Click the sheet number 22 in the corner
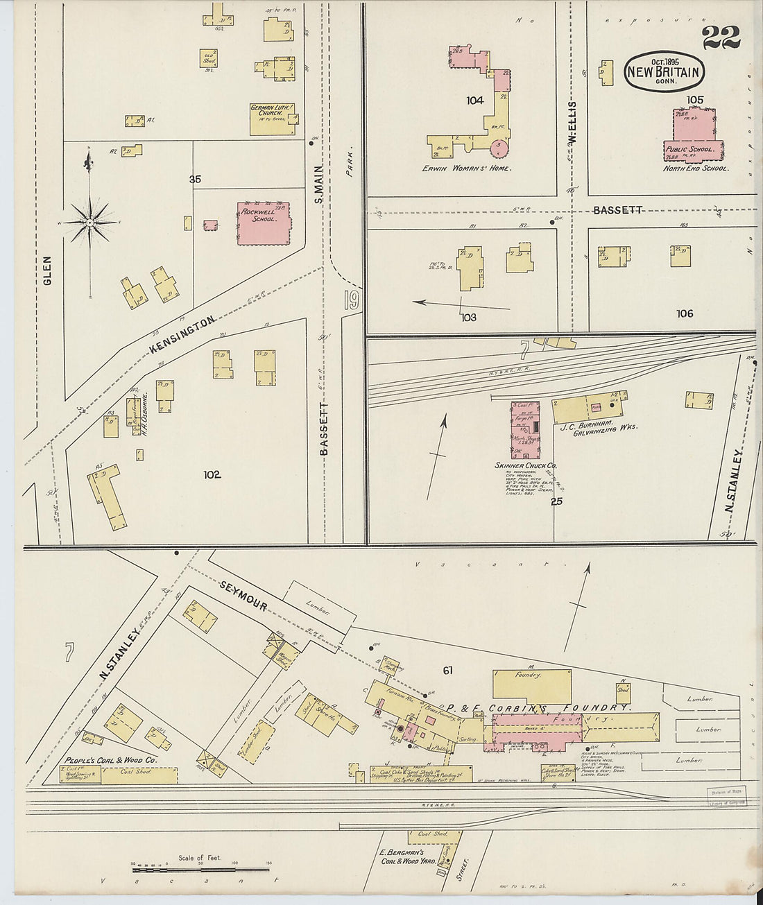721,37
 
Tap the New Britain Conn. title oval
665,71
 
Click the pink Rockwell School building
263,223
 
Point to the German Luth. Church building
273,119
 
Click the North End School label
695,169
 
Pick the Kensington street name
182,335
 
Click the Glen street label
47,270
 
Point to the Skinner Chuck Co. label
525,465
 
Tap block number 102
212,474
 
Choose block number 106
685,313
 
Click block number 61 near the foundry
447,670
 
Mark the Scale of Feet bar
200,868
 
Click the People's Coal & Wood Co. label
111,760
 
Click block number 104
474,101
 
